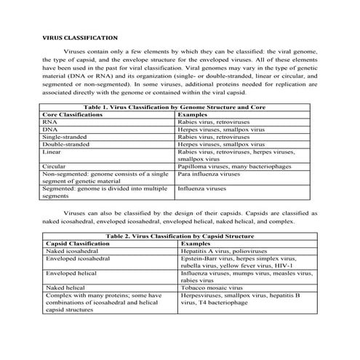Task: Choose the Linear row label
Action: coord(52,151)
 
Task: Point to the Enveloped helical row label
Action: coord(71,273)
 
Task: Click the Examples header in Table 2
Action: coord(196,244)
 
